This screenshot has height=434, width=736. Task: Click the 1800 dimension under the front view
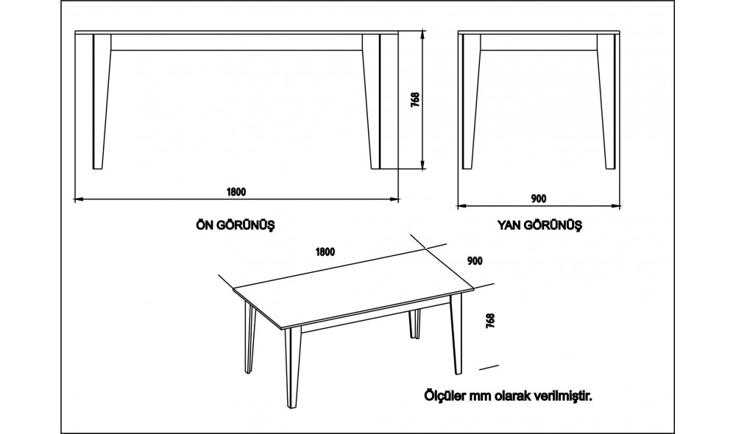click(236, 191)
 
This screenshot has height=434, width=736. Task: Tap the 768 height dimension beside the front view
click(415, 100)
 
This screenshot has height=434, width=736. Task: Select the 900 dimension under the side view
click(539, 199)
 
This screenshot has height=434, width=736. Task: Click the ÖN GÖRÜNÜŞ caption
click(236, 225)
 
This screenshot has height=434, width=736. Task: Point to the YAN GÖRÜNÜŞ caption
click(539, 225)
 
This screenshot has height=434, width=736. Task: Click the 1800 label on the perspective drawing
click(325, 252)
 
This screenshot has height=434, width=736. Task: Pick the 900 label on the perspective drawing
click(475, 261)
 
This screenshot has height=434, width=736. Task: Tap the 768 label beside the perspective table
click(490, 321)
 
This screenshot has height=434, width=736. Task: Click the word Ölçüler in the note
click(445, 396)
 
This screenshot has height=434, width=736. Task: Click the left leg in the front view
click(102, 102)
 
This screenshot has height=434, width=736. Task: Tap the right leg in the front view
click(371, 102)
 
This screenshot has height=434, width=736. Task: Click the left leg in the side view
click(471, 102)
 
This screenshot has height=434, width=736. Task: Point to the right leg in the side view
click(606, 102)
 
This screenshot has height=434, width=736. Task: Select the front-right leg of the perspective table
click(457, 334)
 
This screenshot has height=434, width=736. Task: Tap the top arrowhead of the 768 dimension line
click(423, 34)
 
